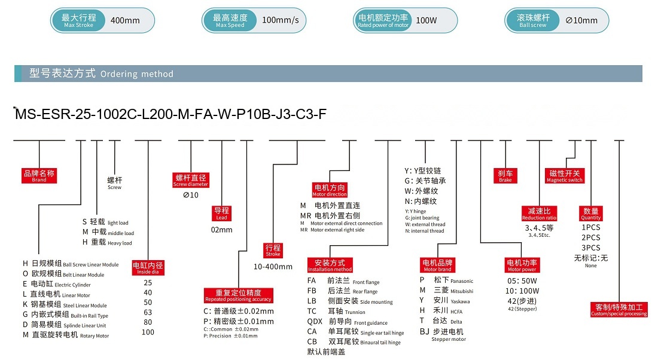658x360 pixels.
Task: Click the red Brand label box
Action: click(39, 176)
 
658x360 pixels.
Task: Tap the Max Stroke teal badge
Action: click(78, 20)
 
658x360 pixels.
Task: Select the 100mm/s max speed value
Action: click(281, 20)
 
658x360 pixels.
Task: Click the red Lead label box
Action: click(221, 213)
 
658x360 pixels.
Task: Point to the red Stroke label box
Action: click(273, 250)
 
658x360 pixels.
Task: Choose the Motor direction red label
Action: click(330, 190)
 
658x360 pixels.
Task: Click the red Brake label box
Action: click(505, 176)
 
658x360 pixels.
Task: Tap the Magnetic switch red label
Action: click(565, 176)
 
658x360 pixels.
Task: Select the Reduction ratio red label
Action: click(539, 213)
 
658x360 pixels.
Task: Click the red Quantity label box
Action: click(591, 213)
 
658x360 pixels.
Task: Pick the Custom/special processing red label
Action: click(619, 310)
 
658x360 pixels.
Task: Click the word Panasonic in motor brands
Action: click(462, 281)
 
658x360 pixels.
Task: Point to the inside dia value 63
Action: click(148, 312)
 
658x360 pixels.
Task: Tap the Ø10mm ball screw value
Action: click(581, 20)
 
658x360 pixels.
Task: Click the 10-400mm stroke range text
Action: click(273, 267)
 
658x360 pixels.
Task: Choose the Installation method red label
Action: click(330, 265)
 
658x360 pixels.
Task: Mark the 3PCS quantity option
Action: click(591, 248)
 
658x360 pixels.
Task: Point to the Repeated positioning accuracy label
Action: click(238, 295)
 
